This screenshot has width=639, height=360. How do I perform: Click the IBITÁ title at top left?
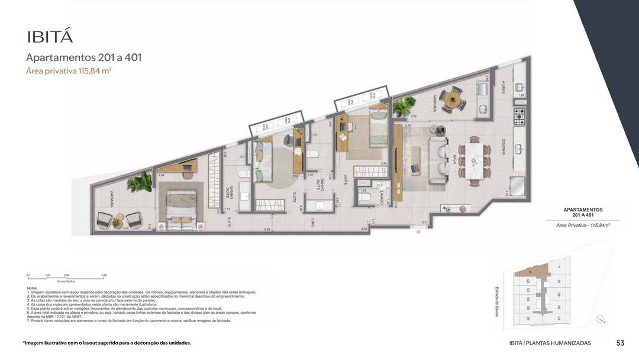click(x=50, y=36)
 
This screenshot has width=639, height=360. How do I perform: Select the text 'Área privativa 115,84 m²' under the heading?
click(x=69, y=71)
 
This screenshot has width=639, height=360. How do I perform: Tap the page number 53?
click(x=620, y=343)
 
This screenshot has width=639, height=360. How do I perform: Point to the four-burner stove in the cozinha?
click(x=519, y=115)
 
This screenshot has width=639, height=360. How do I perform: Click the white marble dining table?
click(x=475, y=159)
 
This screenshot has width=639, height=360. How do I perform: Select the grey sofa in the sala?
click(x=438, y=160)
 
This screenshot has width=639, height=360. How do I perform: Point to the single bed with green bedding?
click(x=377, y=126)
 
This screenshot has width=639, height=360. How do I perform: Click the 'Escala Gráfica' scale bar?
click(x=66, y=277)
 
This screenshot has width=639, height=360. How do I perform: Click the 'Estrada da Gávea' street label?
click(x=496, y=300)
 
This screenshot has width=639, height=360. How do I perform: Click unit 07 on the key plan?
click(x=559, y=318)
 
